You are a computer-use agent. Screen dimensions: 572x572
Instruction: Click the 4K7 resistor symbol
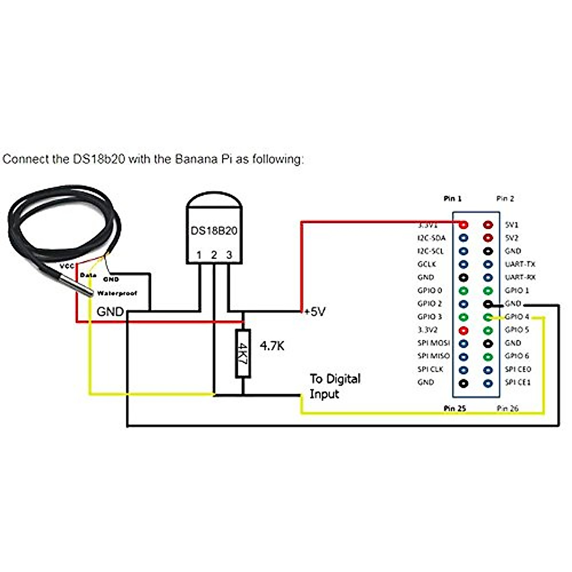[x=243, y=353]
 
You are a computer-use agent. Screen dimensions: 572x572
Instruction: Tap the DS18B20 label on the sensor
[x=214, y=231]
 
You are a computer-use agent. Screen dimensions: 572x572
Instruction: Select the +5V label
[x=315, y=312]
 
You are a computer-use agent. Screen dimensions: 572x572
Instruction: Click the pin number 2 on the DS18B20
[x=214, y=255]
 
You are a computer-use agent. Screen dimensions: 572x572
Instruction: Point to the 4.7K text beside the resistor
[x=272, y=346]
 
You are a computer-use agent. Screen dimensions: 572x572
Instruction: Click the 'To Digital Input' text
[x=335, y=387]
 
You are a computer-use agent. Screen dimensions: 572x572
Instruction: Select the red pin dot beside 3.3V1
[x=463, y=225]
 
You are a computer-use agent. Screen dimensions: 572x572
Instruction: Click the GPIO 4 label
[x=517, y=317]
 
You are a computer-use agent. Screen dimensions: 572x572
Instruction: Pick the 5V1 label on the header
[x=511, y=225]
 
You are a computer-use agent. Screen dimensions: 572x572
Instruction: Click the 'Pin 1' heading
[x=452, y=199]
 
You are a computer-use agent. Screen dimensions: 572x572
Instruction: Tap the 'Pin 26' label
[x=507, y=409]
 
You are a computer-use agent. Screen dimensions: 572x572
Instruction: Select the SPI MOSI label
[x=433, y=343]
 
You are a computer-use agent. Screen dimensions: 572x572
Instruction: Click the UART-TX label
[x=520, y=264]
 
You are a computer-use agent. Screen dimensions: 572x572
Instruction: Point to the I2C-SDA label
[x=431, y=238]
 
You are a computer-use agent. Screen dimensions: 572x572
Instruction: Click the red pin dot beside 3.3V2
[x=463, y=330]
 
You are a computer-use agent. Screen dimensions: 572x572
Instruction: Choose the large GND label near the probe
[x=110, y=312]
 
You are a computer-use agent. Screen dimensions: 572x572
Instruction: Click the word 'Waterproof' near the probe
[x=117, y=294]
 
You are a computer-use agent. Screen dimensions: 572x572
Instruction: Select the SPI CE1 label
[x=518, y=382]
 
